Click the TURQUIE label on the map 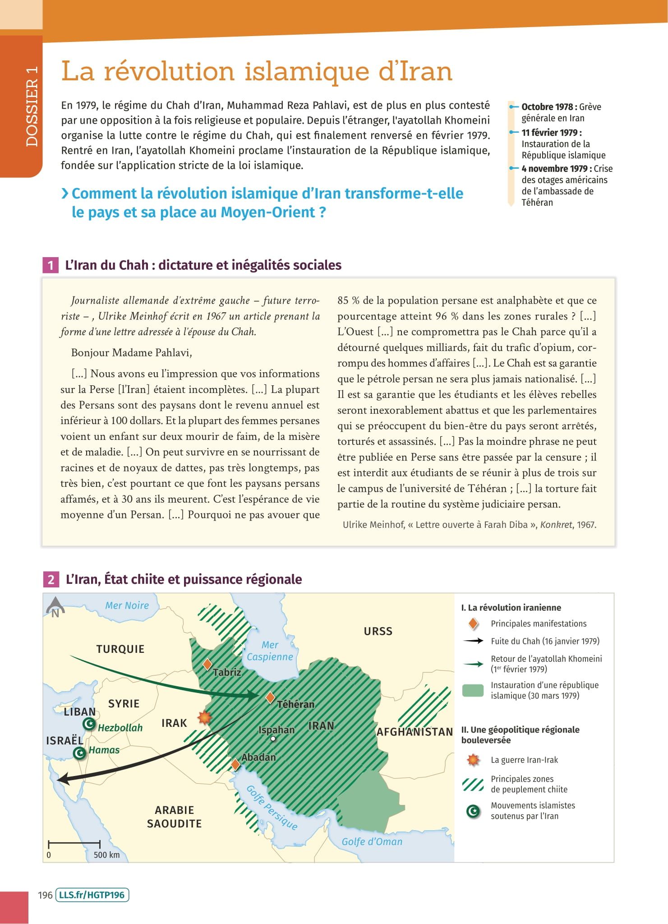pos(120,649)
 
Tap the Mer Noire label pos(127,605)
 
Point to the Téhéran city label pos(295,704)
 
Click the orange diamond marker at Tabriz pos(207,664)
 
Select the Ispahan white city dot pos(273,739)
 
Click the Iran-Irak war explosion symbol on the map pos(204,717)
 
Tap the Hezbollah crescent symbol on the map pos(89,724)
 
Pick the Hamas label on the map pos(104,750)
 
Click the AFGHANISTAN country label pos(415,732)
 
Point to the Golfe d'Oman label pos(372,841)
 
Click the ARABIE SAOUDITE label pos(174,817)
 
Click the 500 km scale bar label pos(106,855)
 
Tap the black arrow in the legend pos(473,641)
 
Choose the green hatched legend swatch pos(473,784)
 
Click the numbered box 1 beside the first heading pos(51,265)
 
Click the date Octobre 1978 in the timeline pos(547,107)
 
